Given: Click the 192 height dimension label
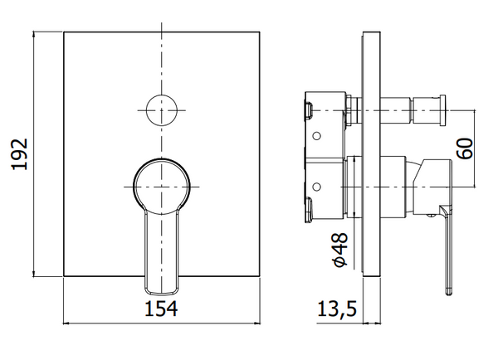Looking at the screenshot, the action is click(x=20, y=154).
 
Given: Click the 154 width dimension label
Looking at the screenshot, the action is click(x=161, y=309).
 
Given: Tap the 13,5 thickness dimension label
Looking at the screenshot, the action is click(x=337, y=309).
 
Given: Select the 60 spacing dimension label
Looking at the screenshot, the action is click(x=465, y=148).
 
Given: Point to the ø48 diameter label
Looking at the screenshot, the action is click(x=339, y=250).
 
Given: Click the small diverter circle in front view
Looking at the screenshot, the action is click(x=162, y=110).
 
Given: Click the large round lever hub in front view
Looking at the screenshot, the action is click(x=162, y=186).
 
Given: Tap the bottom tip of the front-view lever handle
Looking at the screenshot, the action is click(x=162, y=293).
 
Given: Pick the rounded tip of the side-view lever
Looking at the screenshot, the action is click(x=448, y=292).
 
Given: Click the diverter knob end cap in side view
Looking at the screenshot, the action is click(x=442, y=110).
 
